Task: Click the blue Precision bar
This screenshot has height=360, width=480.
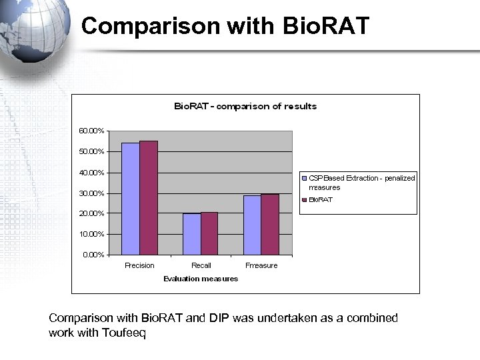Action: pyautogui.click(x=131, y=199)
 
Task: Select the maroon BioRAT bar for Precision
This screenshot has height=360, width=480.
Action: pyautogui.click(x=149, y=197)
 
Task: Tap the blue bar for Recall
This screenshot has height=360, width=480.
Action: pyautogui.click(x=191, y=234)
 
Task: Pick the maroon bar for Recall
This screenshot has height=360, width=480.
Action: pyautogui.click(x=209, y=233)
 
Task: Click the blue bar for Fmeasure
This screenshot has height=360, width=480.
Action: pyautogui.click(x=252, y=225)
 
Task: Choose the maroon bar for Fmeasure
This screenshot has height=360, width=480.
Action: pyautogui.click(x=270, y=224)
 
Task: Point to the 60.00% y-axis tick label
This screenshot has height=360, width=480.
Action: pyautogui.click(x=91, y=131)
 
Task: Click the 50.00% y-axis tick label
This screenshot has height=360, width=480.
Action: pyautogui.click(x=91, y=151)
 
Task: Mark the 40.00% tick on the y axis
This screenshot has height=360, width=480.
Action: pyautogui.click(x=91, y=173)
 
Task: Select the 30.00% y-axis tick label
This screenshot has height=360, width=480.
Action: pyautogui.click(x=91, y=193)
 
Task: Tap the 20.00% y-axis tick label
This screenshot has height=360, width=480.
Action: pyautogui.click(x=91, y=213)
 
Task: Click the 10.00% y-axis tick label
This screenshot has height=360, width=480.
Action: pyautogui.click(x=91, y=234)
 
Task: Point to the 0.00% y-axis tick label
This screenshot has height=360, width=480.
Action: pyautogui.click(x=93, y=255)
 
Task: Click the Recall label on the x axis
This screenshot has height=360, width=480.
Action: pyautogui.click(x=201, y=265)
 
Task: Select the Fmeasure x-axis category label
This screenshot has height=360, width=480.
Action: pyautogui.click(x=261, y=265)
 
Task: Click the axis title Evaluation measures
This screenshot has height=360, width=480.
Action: pyautogui.click(x=201, y=279)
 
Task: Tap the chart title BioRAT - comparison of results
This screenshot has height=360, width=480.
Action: pyautogui.click(x=245, y=106)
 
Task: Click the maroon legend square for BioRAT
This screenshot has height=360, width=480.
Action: pyautogui.click(x=304, y=199)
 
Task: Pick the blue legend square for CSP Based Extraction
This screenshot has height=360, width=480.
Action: pyautogui.click(x=304, y=178)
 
